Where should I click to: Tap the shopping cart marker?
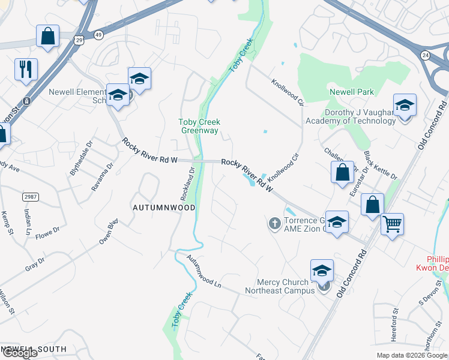[x=392, y=225]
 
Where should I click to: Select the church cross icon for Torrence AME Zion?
[x=275, y=224]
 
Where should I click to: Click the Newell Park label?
[x=352, y=92]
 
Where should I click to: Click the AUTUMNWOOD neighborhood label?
[x=164, y=207]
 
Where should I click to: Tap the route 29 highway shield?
[x=79, y=40]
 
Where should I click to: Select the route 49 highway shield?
[x=98, y=35]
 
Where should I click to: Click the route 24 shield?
[x=426, y=55]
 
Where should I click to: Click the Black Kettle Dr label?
[x=381, y=165]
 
